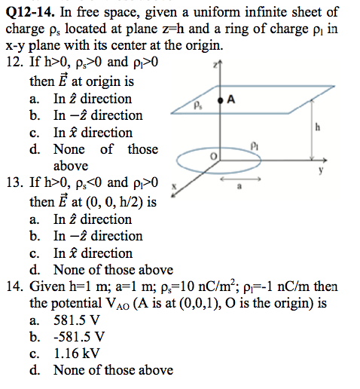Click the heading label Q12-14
(x=31, y=11)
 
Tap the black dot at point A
(x=220, y=100)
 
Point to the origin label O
(x=214, y=155)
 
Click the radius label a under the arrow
(x=239, y=188)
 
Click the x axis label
(x=175, y=185)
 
